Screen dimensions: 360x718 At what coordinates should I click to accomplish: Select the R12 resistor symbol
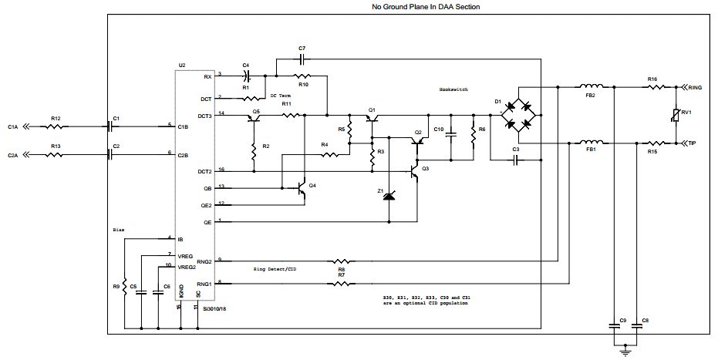[56, 126]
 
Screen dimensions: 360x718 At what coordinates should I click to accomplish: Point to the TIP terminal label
[693, 143]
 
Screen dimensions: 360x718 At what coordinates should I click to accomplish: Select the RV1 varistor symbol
[677, 116]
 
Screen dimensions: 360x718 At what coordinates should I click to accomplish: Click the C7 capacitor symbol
[302, 58]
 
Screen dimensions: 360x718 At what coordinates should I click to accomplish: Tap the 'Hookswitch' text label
[453, 89]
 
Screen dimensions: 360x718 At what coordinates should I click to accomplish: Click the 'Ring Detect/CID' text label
[275, 270]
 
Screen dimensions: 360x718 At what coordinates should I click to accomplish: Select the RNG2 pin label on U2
[204, 261]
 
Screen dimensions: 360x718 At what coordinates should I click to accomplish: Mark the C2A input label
[12, 155]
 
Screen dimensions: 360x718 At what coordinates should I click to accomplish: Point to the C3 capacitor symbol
[516, 160]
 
